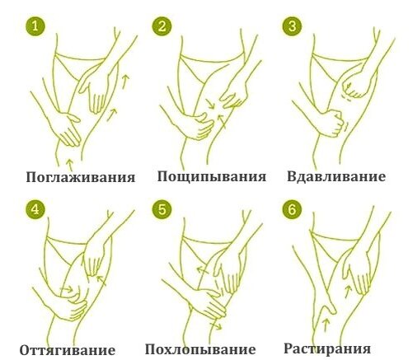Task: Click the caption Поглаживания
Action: coord(80,177)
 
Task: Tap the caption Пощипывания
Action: coord(212,176)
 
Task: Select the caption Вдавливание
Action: coord(336,176)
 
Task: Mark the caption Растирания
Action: coord(332,348)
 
